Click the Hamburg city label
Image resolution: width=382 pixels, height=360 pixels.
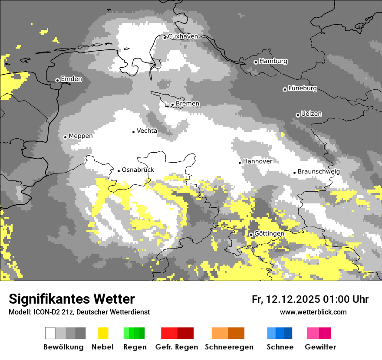(273, 61)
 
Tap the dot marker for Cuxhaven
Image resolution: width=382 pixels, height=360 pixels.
(165, 38)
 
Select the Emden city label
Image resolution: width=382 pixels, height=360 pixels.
(71, 79)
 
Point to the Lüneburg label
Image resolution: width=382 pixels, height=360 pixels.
(303, 88)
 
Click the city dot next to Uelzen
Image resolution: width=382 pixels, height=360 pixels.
(298, 115)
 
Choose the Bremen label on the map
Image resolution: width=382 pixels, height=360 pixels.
(188, 104)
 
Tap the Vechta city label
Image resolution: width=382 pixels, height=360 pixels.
(147, 131)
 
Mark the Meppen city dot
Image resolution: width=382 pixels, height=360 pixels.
(65, 137)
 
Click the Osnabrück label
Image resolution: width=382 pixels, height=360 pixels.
(138, 170)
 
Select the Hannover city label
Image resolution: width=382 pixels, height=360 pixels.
(257, 161)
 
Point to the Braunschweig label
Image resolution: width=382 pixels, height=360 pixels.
(319, 172)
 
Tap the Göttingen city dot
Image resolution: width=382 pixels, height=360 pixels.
(251, 235)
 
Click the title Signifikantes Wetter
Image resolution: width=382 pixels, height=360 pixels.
(72, 299)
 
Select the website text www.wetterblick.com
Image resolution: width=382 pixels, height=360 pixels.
(313, 312)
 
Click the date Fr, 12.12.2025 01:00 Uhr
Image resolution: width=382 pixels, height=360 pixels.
(310, 299)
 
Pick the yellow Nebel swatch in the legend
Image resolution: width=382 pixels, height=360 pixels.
(103, 333)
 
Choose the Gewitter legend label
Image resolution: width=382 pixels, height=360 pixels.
(320, 347)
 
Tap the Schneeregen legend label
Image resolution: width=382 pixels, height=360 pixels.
(229, 347)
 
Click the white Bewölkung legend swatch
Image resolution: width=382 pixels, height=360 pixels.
(50, 333)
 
